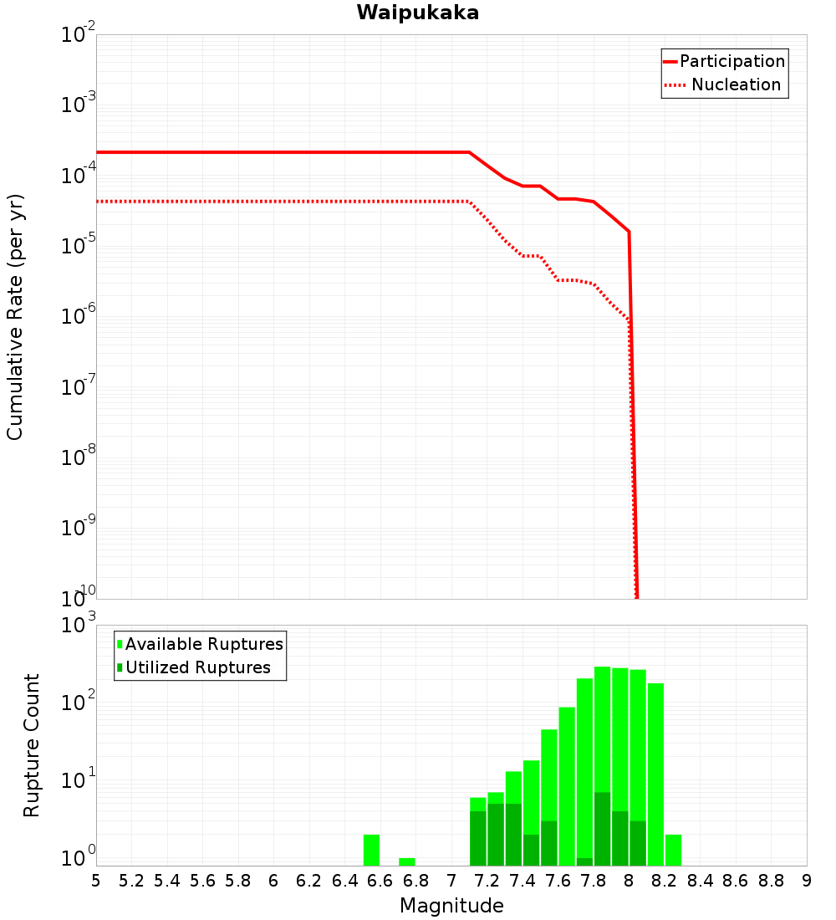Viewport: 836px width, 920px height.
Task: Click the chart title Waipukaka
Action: point(417,13)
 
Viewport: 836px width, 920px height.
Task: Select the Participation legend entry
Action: point(731,62)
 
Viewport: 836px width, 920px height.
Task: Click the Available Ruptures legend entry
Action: point(204,645)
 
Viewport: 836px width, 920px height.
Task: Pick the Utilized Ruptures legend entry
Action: point(197,668)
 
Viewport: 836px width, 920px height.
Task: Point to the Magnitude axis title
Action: point(451,906)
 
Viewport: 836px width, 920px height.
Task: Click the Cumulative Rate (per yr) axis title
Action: point(15,317)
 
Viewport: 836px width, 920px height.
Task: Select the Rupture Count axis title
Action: point(32,745)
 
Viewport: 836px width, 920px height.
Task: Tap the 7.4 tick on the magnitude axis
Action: point(522,881)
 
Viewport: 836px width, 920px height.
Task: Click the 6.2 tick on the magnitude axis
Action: point(309,881)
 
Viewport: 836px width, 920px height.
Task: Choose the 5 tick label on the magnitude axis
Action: point(96,881)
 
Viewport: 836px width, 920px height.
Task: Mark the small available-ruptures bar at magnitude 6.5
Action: point(371,850)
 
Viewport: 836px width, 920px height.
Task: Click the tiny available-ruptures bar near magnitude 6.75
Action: point(407,861)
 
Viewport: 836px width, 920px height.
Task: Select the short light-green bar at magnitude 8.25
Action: point(673,850)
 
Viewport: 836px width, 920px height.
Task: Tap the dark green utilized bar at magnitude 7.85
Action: point(602,828)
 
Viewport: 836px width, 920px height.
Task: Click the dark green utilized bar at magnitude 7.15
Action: point(478,838)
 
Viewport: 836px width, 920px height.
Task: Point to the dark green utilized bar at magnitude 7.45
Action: point(531,850)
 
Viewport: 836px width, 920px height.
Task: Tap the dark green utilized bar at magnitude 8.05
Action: point(638,843)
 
